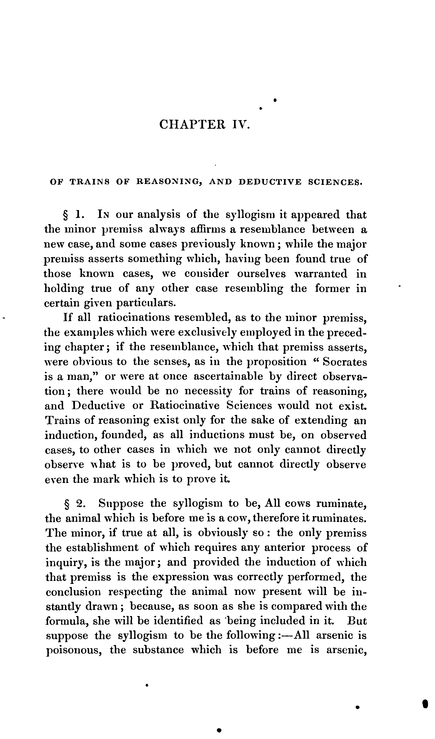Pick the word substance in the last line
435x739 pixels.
point(158,650)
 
